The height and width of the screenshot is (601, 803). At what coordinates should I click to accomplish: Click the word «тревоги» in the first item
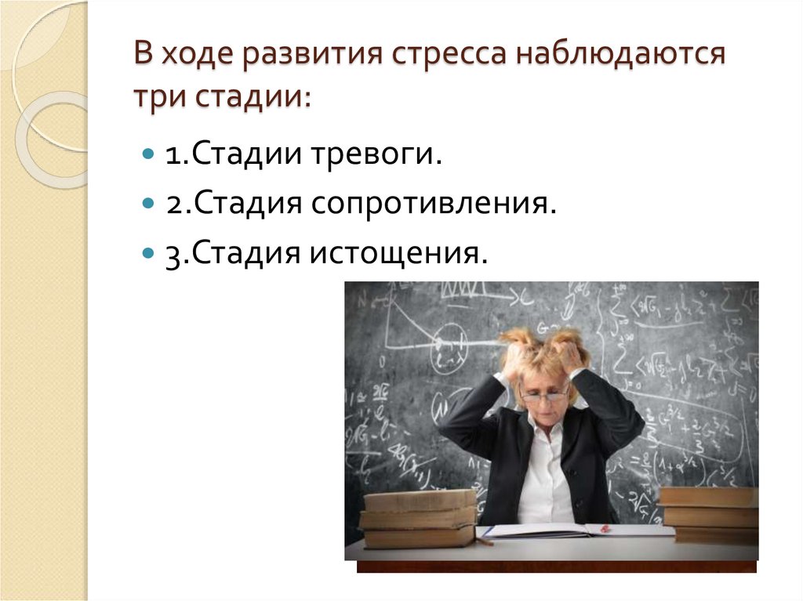(x=376, y=154)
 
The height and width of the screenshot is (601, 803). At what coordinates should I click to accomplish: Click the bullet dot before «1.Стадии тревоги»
(x=148, y=154)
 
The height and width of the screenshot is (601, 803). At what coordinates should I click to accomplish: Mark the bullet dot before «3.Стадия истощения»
(x=148, y=253)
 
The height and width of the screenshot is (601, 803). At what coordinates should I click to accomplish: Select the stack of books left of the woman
(x=419, y=517)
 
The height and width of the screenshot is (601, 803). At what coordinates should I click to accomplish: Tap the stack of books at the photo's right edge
(x=710, y=513)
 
